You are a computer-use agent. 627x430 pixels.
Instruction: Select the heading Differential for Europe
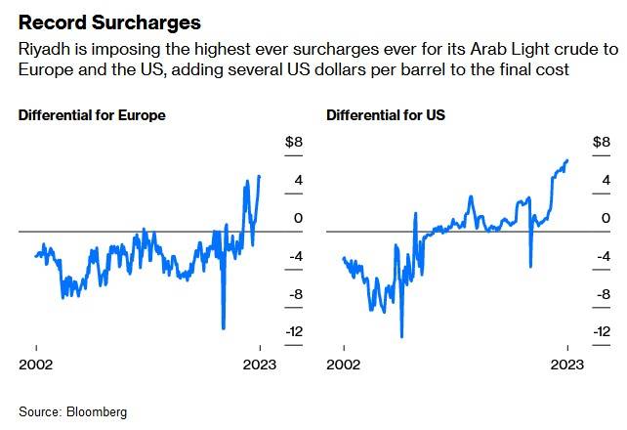pos(92,115)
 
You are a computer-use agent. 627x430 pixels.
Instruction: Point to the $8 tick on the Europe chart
pos(293,143)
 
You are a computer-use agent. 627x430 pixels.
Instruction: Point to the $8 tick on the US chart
pos(602,143)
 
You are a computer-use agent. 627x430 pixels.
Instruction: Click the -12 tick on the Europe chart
pos(294,331)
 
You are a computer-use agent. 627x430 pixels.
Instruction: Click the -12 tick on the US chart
pos(602,331)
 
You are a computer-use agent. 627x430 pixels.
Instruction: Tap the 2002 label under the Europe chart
pos(36,365)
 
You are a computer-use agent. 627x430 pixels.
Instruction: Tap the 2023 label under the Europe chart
pos(260,365)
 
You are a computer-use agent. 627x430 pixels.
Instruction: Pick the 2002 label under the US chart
pos(344,365)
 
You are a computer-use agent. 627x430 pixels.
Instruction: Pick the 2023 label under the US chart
pos(567,365)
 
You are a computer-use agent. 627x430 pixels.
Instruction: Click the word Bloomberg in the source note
pos(97,411)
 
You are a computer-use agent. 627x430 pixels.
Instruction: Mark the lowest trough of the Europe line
pos(224,327)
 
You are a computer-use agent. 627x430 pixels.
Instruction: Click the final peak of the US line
pos(567,160)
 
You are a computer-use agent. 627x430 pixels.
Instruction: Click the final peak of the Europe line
pos(259,176)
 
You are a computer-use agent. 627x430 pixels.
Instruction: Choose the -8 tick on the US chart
pos(602,293)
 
